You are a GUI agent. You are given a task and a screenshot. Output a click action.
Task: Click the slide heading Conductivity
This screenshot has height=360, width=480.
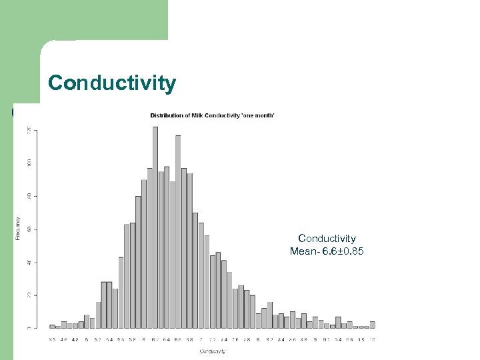(112, 83)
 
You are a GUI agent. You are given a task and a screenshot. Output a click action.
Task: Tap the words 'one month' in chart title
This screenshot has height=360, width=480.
(257, 115)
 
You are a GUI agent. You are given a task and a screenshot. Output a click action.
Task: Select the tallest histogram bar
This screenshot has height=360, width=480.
(155, 227)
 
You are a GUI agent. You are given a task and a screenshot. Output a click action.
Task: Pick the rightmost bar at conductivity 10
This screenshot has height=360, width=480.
(373, 325)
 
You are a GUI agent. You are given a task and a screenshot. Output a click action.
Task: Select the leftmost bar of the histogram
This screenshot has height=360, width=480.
(52, 326)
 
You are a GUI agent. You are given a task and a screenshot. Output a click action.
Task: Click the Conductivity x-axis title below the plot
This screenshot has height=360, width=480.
(211, 351)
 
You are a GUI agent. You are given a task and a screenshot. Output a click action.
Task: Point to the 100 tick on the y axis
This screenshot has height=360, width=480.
(28, 163)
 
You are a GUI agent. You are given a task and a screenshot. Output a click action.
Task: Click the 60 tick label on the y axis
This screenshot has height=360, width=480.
(28, 229)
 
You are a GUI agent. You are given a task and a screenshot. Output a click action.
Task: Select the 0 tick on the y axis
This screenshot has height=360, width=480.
(28, 328)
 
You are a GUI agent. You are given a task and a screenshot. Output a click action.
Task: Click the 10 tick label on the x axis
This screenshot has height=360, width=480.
(372, 339)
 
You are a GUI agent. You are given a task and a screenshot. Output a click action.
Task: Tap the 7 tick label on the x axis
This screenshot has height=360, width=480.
(201, 339)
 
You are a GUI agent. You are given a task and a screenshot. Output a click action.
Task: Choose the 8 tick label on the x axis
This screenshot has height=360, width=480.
(258, 339)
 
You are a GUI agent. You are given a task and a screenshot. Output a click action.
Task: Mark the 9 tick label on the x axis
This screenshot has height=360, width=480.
(315, 339)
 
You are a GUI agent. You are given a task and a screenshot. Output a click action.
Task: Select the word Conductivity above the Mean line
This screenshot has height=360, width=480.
(327, 239)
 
